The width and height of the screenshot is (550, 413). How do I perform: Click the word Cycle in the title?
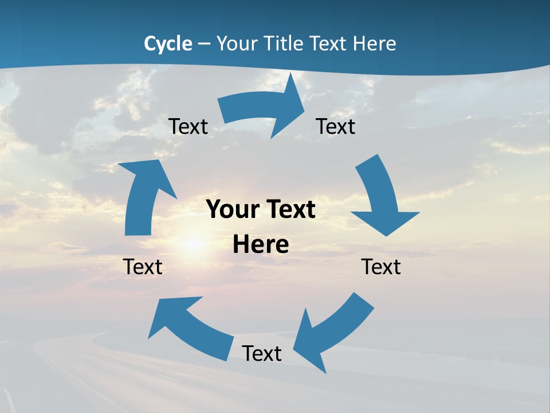pyautogui.click(x=168, y=44)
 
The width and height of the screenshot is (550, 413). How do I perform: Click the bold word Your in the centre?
pyautogui.click(x=231, y=209)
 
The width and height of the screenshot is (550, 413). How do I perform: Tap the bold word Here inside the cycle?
pyautogui.click(x=261, y=244)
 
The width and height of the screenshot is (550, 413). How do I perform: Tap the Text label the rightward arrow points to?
pyautogui.click(x=336, y=126)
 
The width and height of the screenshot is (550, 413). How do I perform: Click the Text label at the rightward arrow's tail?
pyautogui.click(x=188, y=126)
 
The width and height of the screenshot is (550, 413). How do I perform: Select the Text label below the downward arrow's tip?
pyautogui.click(x=381, y=267)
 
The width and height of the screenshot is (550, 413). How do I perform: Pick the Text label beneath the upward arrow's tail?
pyautogui.click(x=143, y=267)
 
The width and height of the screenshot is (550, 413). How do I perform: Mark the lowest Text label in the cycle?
pyautogui.click(x=262, y=353)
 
